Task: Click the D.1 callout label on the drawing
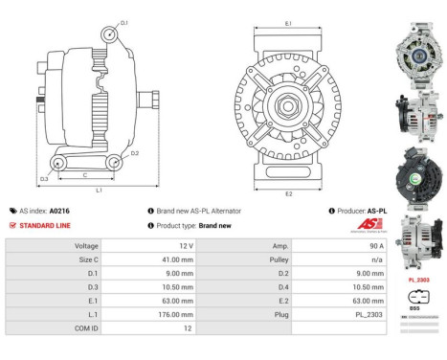tap(123, 20)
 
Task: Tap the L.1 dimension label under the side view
tap(99, 191)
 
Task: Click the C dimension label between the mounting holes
tap(86, 175)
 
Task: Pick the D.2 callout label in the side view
tap(135, 153)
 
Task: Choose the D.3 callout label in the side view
tap(45, 179)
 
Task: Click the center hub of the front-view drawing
tap(289, 100)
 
